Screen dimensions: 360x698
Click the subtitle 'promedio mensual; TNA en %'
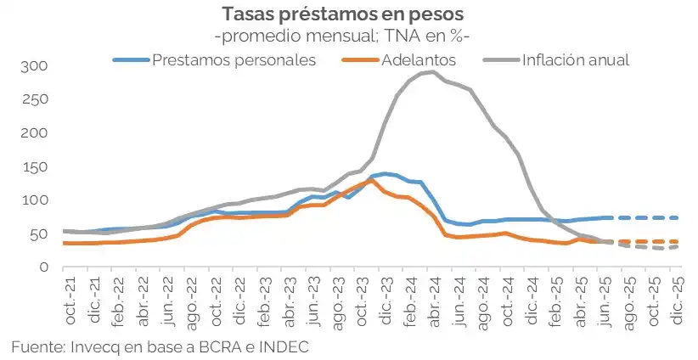[342, 37]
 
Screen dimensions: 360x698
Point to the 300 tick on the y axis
[37, 66]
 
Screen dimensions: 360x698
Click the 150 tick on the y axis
[37, 167]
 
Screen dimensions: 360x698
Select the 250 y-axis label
[37, 100]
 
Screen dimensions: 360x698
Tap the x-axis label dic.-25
[677, 297]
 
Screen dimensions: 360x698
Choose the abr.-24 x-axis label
[433, 297]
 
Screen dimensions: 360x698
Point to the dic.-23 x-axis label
[386, 297]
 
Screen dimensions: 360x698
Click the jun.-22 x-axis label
[167, 297]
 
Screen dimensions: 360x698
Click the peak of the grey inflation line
[433, 72]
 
